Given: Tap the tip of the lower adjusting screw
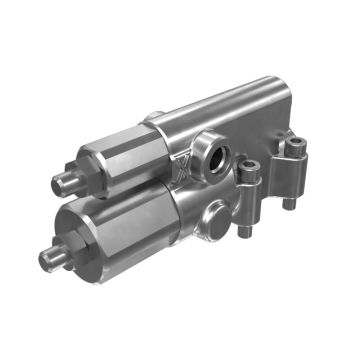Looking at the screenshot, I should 46,262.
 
